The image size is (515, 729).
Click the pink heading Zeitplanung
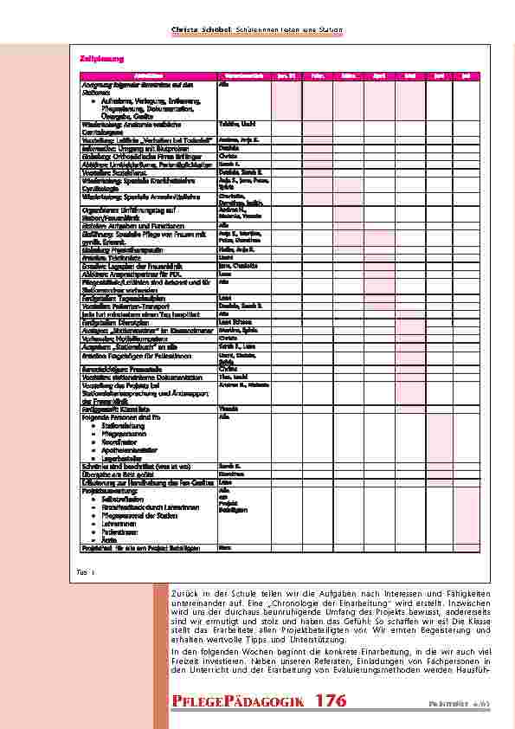click(88, 59)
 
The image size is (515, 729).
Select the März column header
click(351, 77)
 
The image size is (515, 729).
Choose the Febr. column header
click(319, 77)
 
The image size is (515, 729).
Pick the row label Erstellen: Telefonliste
click(105, 257)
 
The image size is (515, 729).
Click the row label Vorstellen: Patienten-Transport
click(121, 306)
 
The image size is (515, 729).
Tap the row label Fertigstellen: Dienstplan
click(112, 320)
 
